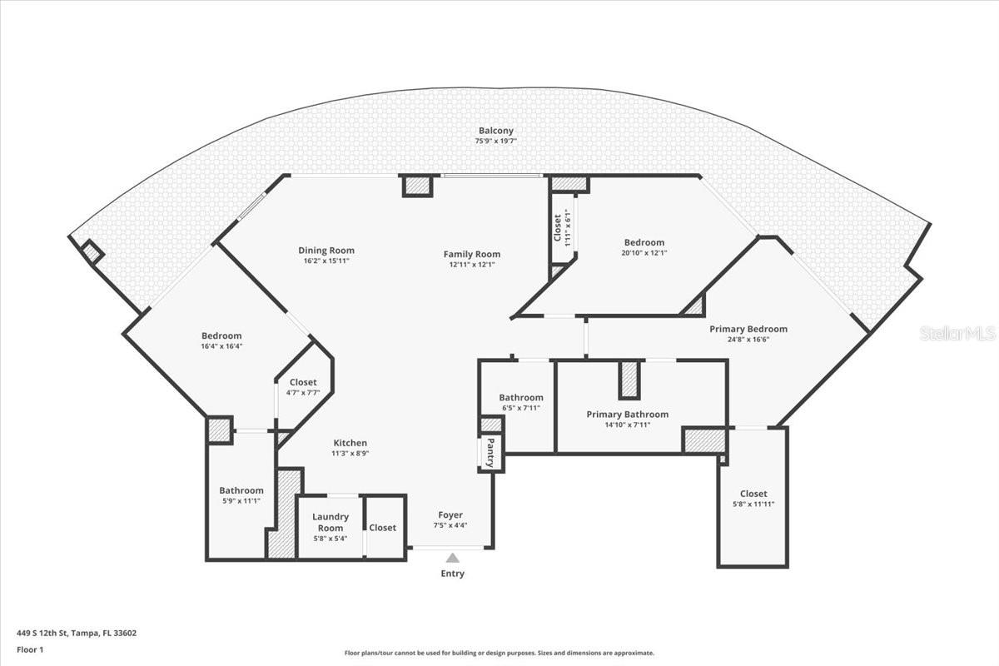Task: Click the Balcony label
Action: pyautogui.click(x=495, y=131)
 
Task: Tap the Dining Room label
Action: pyautogui.click(x=326, y=250)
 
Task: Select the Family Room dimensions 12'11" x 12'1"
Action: pyautogui.click(x=471, y=265)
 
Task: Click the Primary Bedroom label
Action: pyautogui.click(x=748, y=329)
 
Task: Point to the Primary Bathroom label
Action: pyautogui.click(x=627, y=414)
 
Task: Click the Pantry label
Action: pyautogui.click(x=491, y=452)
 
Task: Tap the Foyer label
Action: pyautogui.click(x=450, y=515)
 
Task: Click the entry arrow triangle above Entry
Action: pyautogui.click(x=452, y=558)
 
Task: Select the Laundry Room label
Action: pyautogui.click(x=331, y=522)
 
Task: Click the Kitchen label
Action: pyautogui.click(x=350, y=443)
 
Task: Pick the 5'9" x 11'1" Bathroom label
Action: pyautogui.click(x=241, y=490)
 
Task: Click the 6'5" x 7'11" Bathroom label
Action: pyautogui.click(x=521, y=397)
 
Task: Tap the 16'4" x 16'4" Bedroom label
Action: pyautogui.click(x=221, y=335)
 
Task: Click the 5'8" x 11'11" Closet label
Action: pyautogui.click(x=753, y=494)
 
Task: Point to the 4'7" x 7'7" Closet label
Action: pyautogui.click(x=303, y=382)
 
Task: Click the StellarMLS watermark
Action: pyautogui.click(x=957, y=334)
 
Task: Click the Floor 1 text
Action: pyautogui.click(x=30, y=649)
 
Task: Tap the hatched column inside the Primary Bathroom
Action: pyautogui.click(x=629, y=380)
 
